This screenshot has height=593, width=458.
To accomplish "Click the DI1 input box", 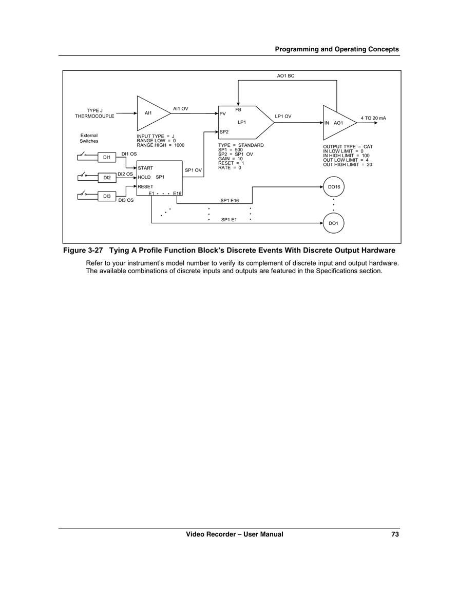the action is tap(107, 157).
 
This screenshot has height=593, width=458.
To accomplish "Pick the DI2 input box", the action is tap(107, 177).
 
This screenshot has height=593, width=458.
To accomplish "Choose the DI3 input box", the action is tap(107, 196).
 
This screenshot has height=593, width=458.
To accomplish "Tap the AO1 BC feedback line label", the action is tap(285, 76).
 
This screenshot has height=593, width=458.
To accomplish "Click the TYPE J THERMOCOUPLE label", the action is tap(94, 113).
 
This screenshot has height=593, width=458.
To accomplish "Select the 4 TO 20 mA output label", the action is tap(373, 118).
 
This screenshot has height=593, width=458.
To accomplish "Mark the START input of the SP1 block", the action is tap(145, 168).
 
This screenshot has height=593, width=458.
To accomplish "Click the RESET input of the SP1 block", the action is tap(145, 186).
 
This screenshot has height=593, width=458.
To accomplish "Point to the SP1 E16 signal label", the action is tap(230, 200).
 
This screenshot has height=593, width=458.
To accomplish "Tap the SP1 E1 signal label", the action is tap(229, 219).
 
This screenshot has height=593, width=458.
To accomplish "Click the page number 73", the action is tap(395, 534).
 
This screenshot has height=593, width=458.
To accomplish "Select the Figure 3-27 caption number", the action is tap(83, 251).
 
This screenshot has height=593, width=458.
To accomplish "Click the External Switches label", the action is tap(89, 138).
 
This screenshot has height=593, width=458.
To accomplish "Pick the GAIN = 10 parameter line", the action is tap(231, 159).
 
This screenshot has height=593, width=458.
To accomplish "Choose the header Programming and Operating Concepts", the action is tap(337, 49).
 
